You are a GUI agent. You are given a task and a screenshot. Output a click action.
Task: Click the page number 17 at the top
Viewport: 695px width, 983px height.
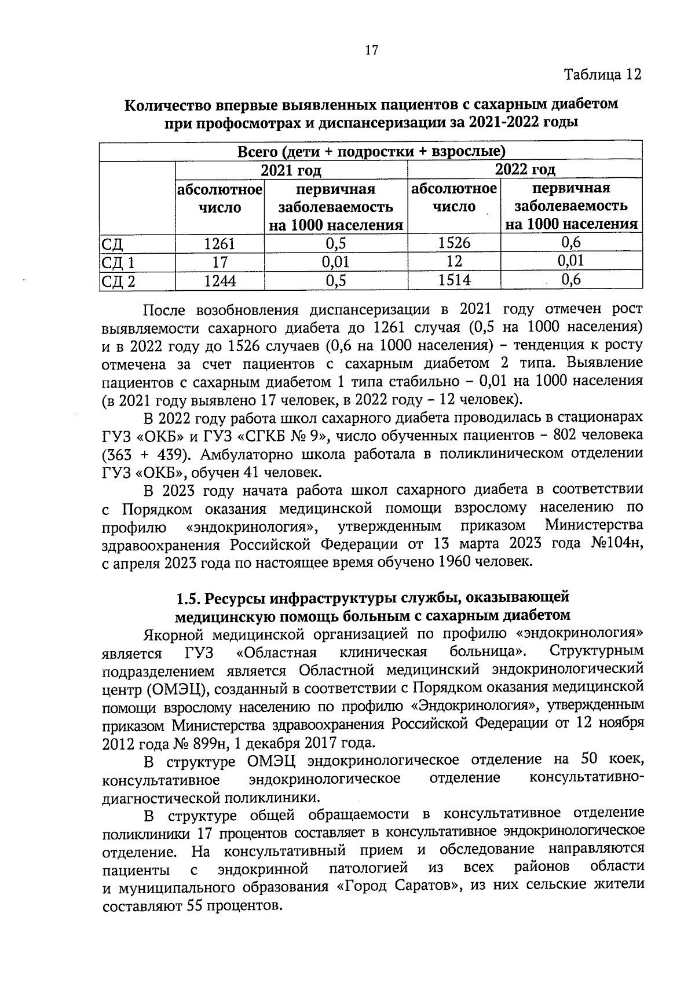tap(371, 50)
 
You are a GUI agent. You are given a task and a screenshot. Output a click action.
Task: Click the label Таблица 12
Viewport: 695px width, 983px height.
tap(602, 75)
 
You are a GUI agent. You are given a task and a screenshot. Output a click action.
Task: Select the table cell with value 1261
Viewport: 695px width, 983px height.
tap(220, 243)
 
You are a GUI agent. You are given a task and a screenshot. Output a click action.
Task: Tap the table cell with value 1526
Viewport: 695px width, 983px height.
tap(454, 243)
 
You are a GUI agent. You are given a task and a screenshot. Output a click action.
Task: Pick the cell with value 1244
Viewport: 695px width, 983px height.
tap(220, 282)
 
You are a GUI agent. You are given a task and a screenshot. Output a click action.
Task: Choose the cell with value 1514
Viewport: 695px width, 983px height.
tap(454, 280)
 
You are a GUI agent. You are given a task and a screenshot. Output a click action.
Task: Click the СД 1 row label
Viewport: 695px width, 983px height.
tap(118, 263)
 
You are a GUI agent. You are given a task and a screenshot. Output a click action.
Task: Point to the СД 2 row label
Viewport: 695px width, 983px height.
tap(118, 282)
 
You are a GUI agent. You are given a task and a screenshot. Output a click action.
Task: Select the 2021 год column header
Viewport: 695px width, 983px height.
tap(291, 170)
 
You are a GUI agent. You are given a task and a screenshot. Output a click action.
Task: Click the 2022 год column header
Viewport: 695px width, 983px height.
tap(525, 170)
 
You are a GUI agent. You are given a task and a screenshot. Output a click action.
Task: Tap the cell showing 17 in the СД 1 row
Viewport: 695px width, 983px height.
tap(220, 262)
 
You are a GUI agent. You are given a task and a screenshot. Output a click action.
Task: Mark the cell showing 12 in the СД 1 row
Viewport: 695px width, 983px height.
tap(454, 261)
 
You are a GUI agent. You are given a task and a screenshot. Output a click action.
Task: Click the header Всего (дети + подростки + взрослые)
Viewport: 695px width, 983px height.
tap(371, 152)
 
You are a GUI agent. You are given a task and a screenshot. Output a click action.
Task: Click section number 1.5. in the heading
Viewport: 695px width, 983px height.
tap(189, 597)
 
